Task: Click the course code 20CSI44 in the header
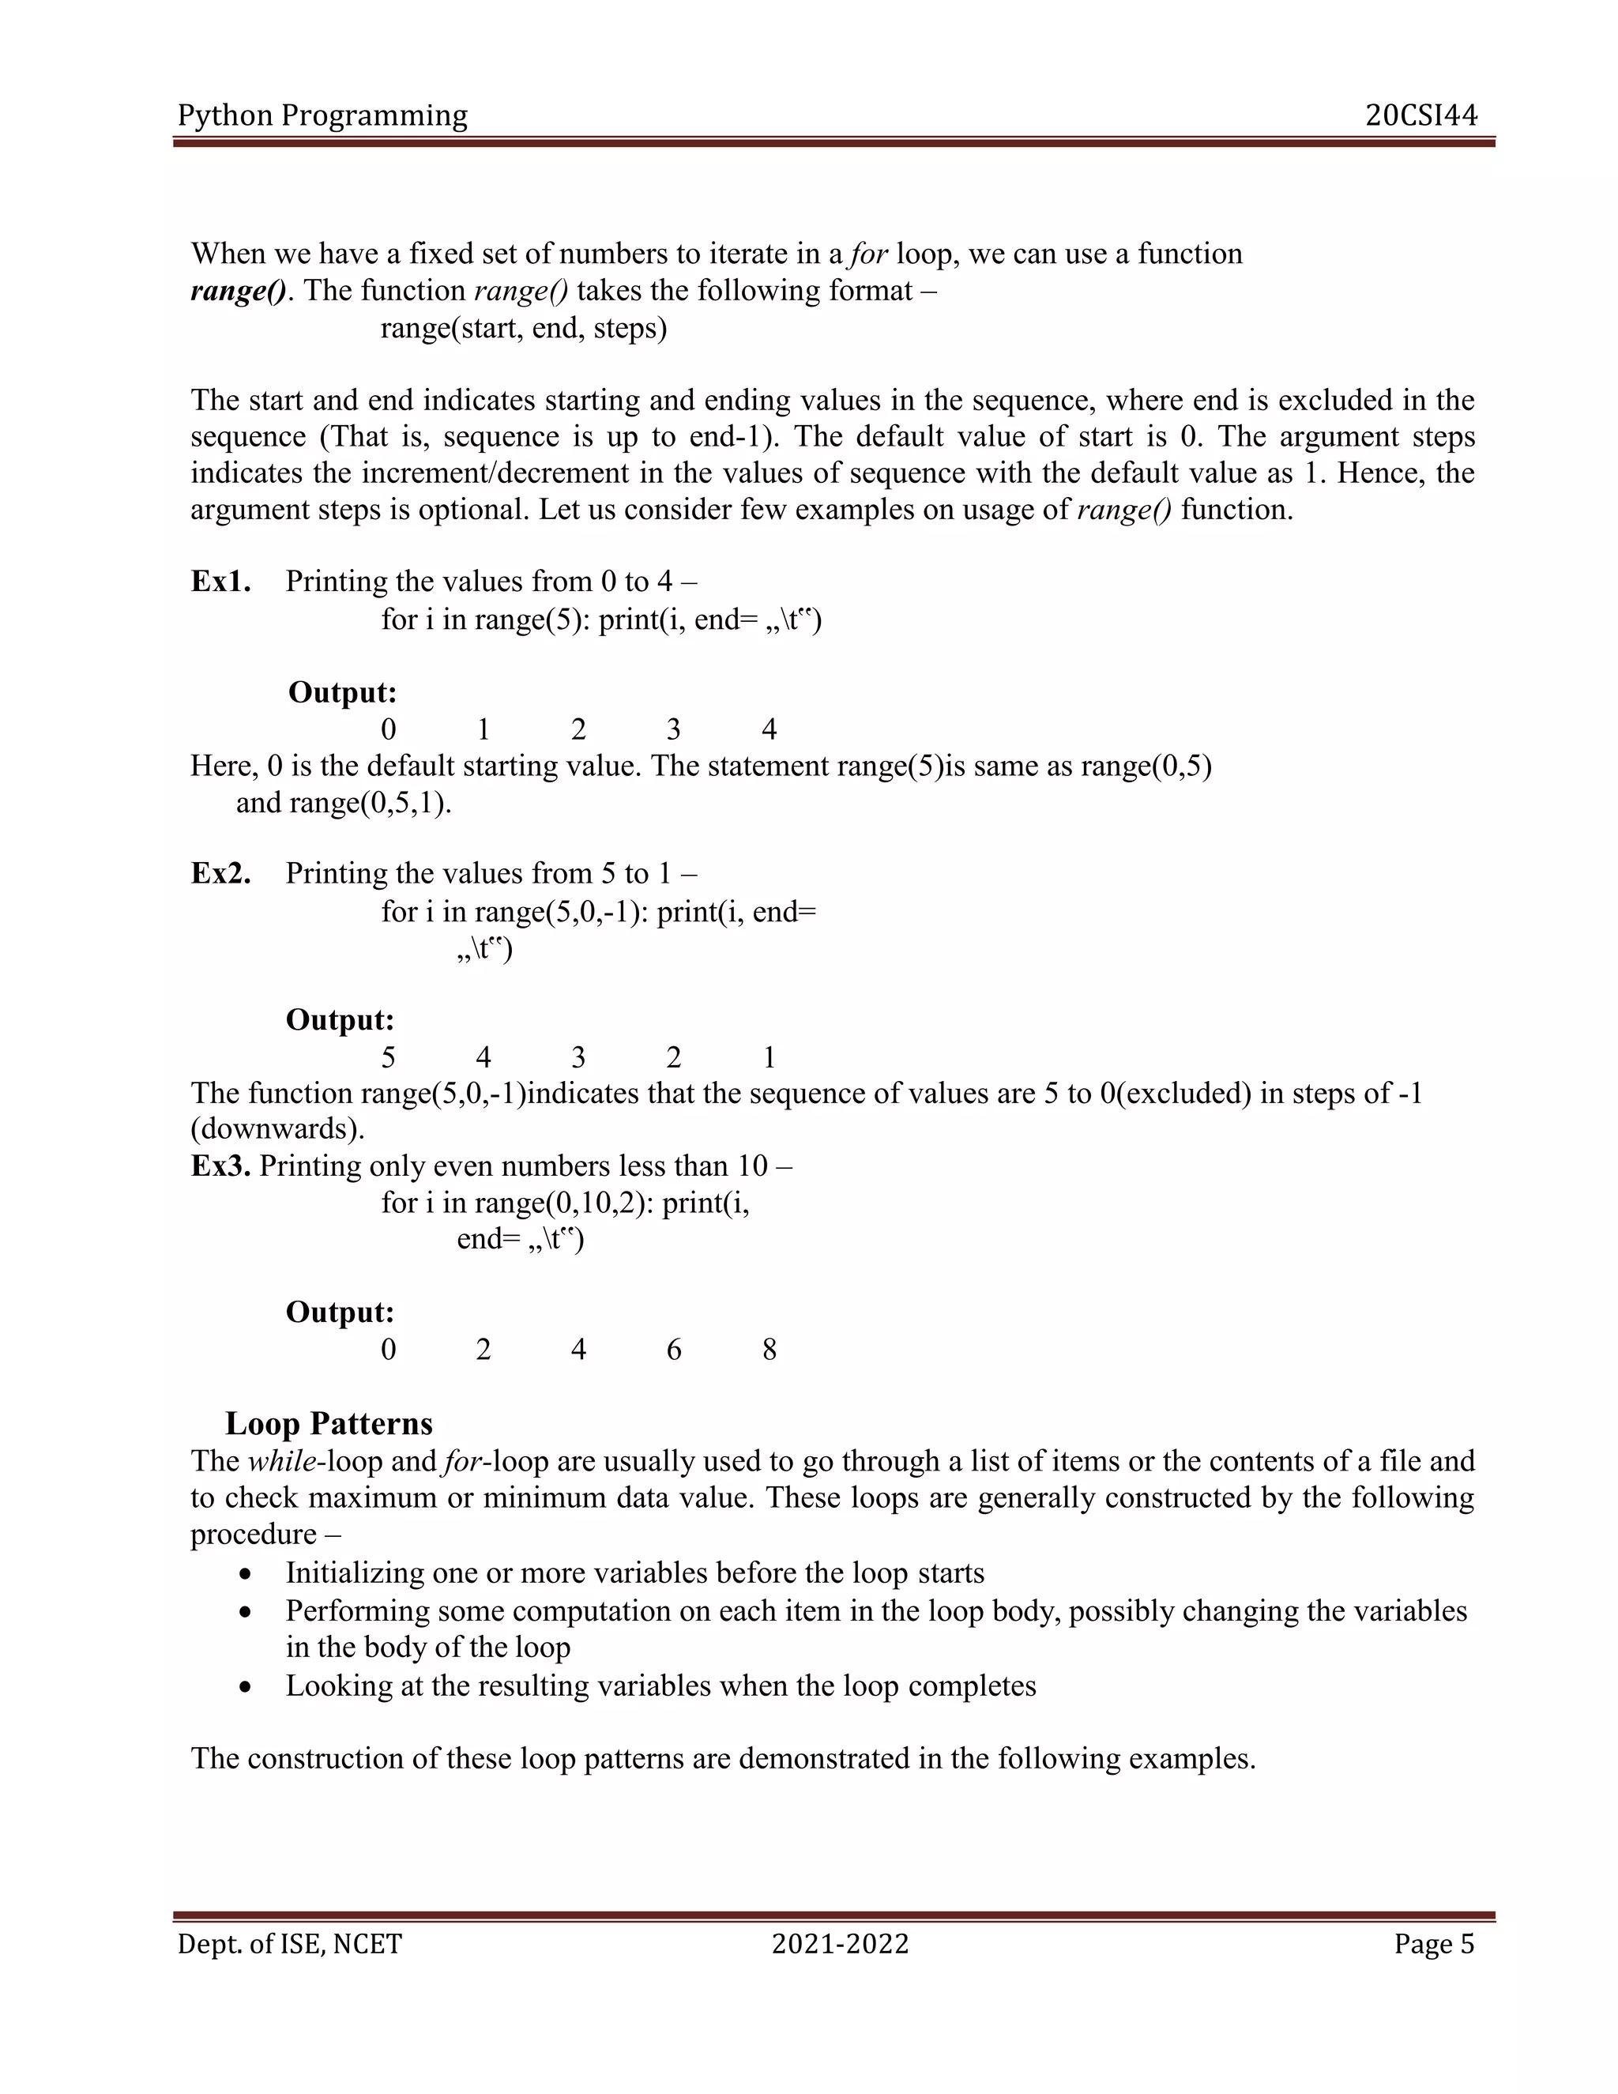1421,115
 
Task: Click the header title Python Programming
322,116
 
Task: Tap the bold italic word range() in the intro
238,291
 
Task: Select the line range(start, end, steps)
523,329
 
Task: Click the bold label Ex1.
220,582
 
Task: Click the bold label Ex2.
220,873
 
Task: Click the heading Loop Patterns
329,1424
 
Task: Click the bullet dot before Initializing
247,1576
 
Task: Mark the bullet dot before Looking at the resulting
247,1688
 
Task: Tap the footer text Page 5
1434,1945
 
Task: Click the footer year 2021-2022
840,1945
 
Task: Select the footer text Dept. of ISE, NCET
289,1945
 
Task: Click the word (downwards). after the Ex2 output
278,1129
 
